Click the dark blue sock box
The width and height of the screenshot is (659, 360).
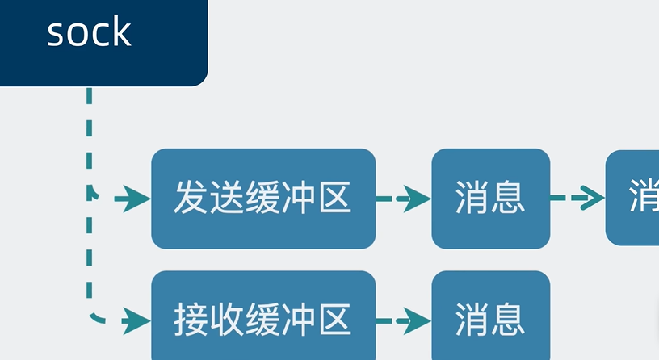pos(103,42)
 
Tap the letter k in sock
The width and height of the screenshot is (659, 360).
pos(120,32)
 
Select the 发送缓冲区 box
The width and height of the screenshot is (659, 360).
pos(263,198)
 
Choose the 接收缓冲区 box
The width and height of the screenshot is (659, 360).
pos(263,318)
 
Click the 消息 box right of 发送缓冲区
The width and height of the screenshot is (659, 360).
pos(490,198)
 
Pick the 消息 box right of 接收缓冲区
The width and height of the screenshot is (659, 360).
pos(490,318)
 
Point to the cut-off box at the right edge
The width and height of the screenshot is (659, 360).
pos(633,198)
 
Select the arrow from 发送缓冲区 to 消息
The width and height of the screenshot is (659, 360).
pos(404,198)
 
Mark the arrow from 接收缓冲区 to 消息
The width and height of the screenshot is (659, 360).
pos(404,320)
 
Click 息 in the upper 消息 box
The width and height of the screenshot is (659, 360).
pos(509,198)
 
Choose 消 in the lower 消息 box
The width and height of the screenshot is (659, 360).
pos(472,319)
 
